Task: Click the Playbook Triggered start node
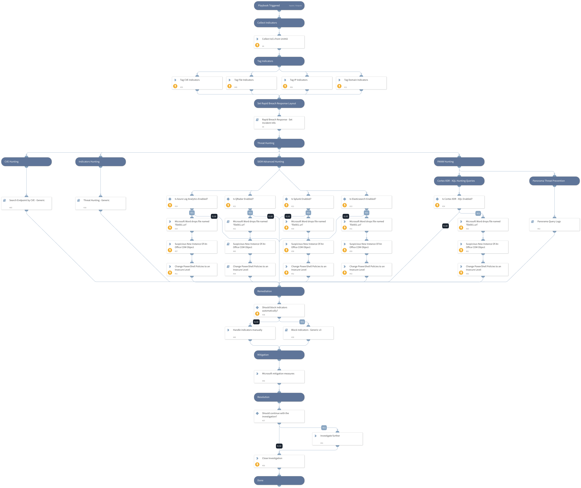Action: coord(279,6)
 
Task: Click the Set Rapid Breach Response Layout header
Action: coord(279,103)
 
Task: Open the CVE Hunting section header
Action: coord(26,162)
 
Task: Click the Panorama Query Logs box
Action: coord(554,224)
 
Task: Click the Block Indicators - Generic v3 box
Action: coord(308,333)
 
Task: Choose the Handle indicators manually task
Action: coord(250,333)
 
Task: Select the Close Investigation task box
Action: coord(279,461)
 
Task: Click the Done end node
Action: coord(279,480)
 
